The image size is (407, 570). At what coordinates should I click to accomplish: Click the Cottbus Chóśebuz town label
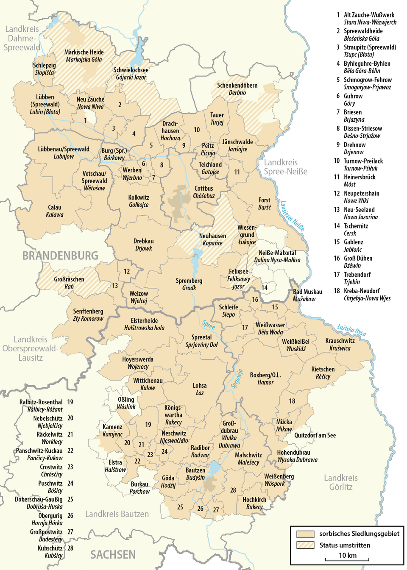pyautogui.click(x=204, y=192)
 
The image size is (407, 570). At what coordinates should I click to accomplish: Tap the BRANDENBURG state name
pyautogui.click(x=60, y=256)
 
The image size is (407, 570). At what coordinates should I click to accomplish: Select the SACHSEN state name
pyautogui.click(x=113, y=555)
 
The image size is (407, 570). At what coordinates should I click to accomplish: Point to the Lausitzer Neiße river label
pyautogui.click(x=292, y=216)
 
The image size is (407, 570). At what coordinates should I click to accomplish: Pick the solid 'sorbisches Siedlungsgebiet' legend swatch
pyautogui.click(x=305, y=534)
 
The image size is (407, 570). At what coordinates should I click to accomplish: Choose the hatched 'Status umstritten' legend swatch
pyautogui.click(x=305, y=545)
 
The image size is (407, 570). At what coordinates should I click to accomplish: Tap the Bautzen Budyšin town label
pyautogui.click(x=195, y=474)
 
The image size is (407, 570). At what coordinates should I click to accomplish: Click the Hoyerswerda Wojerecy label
pyautogui.click(x=138, y=363)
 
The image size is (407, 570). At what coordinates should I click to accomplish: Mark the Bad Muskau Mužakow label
pyautogui.click(x=307, y=295)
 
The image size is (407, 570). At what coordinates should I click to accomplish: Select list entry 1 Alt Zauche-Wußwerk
pyautogui.click(x=367, y=18)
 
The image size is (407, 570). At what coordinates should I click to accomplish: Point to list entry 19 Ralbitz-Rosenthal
pyautogui.click(x=46, y=406)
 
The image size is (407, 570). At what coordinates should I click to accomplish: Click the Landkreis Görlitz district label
pyautogui.click(x=341, y=482)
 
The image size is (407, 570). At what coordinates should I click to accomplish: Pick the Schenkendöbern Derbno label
pyautogui.click(x=237, y=89)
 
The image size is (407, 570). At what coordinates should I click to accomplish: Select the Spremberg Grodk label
pyautogui.click(x=189, y=284)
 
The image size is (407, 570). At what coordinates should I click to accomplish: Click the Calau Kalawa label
pyautogui.click(x=55, y=211)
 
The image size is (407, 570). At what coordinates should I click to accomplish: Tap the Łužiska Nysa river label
pyautogui.click(x=351, y=330)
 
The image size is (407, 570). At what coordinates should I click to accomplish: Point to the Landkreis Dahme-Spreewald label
pyautogui.click(x=22, y=38)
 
